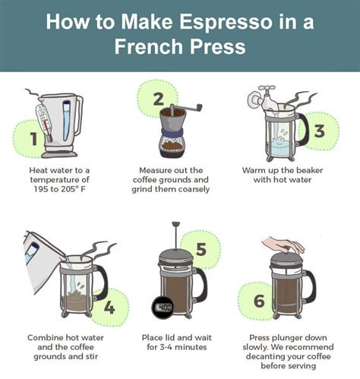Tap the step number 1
[x=33, y=138]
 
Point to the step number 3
[x=319, y=130]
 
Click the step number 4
[x=109, y=308]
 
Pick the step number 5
[x=201, y=249]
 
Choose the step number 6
[x=258, y=302]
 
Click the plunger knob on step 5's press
[x=176, y=224]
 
